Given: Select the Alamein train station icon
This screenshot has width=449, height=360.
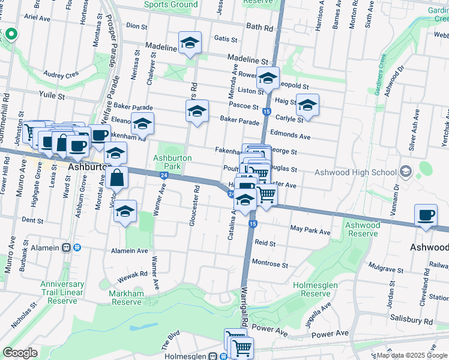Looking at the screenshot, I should pos(77,247).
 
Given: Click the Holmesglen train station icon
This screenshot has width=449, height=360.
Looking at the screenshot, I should pos(213,355).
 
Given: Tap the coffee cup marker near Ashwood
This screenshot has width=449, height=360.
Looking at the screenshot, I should pos(426,216).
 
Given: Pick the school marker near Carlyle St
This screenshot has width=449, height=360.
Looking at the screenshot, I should pos(307,105).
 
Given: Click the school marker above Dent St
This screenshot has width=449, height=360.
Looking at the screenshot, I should pos(125,212).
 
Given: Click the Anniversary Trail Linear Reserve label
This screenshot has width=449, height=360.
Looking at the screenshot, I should pos(62,292).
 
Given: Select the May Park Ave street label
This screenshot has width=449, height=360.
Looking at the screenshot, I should pos(310,231).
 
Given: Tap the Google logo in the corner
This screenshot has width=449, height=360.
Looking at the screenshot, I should pos(20,353).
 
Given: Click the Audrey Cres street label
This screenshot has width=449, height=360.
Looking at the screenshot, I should pos(61,74).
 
